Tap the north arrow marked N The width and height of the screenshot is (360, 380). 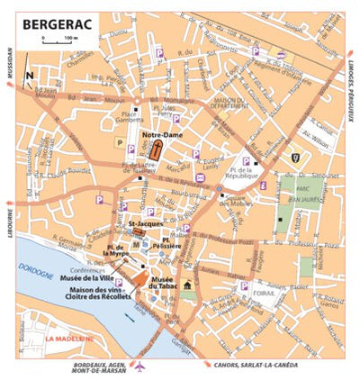pyautogui.click(x=31, y=76)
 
